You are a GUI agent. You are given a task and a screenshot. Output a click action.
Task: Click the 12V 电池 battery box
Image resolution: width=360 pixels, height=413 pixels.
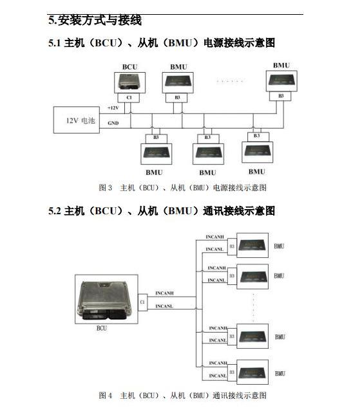point(77,120)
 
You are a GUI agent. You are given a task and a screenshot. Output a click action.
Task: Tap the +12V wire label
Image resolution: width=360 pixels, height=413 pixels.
point(113,107)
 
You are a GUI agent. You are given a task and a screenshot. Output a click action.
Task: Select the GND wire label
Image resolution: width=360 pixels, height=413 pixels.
point(113,123)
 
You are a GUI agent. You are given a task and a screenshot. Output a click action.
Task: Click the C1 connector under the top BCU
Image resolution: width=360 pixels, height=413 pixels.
point(129,98)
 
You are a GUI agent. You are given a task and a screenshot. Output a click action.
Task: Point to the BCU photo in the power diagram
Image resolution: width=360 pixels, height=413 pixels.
point(129,82)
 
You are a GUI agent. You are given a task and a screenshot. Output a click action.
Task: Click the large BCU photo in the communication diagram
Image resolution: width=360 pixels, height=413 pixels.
point(106,299)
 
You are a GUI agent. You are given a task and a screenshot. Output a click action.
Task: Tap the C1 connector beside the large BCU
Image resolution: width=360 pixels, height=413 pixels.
point(142,302)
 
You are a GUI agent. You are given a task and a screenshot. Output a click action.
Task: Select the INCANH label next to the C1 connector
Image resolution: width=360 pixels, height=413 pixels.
point(165,293)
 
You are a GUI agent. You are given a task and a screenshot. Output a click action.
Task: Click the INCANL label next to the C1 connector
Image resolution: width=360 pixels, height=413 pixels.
point(164,306)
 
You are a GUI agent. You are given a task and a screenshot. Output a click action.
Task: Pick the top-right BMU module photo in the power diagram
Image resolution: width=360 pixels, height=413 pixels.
point(281,81)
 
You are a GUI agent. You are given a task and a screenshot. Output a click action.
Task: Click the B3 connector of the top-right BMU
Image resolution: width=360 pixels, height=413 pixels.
point(280,96)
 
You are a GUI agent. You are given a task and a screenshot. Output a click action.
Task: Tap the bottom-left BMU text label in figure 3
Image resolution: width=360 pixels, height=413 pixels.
point(155,172)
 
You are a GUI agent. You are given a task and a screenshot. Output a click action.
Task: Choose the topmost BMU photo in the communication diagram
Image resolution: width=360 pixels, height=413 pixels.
point(252,245)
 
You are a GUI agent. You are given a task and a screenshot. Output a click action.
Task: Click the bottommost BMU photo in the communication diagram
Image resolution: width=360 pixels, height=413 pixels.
point(252,372)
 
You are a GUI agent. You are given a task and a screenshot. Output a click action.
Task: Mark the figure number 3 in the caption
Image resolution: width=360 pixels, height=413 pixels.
point(110,188)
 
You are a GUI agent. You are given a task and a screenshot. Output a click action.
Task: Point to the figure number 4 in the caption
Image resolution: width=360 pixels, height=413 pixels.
point(110,396)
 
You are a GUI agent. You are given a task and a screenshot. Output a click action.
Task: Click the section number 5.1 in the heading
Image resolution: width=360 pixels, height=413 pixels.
point(55,43)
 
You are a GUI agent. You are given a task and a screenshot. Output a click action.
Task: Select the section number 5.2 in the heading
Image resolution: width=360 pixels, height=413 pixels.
point(55,211)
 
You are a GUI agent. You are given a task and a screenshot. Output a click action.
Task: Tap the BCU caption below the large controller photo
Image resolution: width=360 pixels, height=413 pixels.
point(102,328)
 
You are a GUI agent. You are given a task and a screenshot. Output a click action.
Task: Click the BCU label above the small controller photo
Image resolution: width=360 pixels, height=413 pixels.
point(129,67)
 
